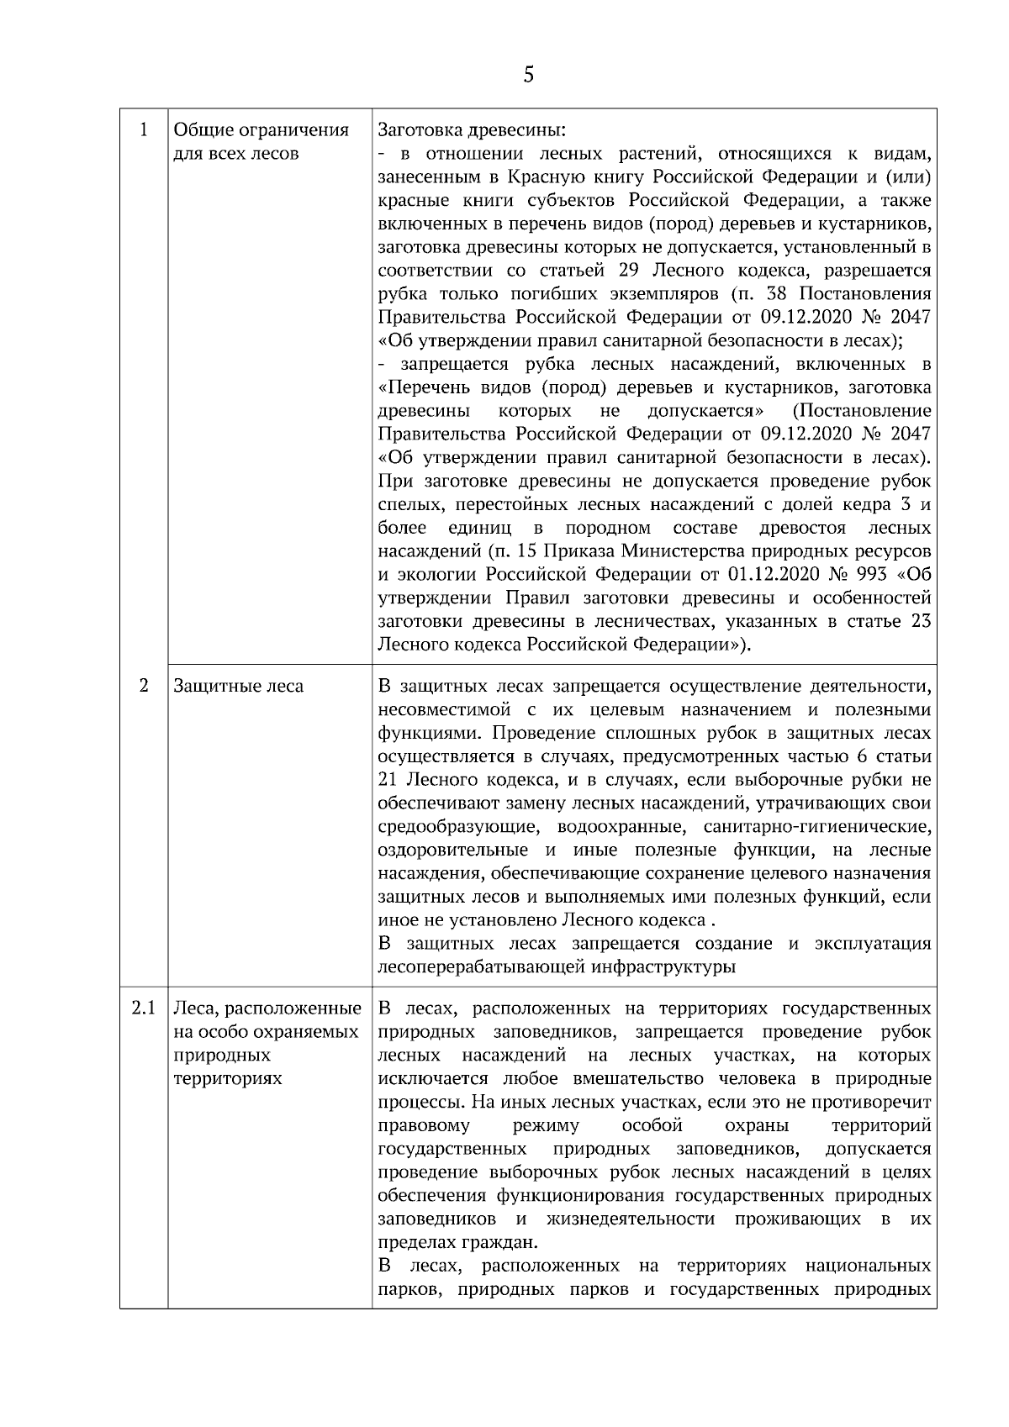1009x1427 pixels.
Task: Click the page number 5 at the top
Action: click(x=528, y=75)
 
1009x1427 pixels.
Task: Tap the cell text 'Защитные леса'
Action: click(x=238, y=686)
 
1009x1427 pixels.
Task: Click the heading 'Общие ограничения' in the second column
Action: click(x=261, y=130)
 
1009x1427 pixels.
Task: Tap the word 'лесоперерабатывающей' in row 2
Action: click(x=482, y=966)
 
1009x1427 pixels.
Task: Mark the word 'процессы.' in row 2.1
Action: click(x=416, y=1102)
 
